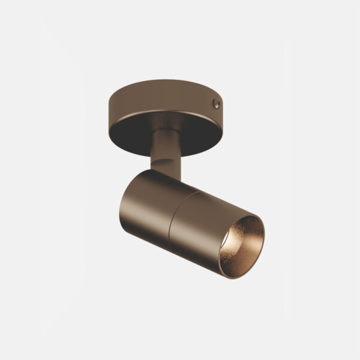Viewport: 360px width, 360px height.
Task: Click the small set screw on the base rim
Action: pos(217,104)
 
